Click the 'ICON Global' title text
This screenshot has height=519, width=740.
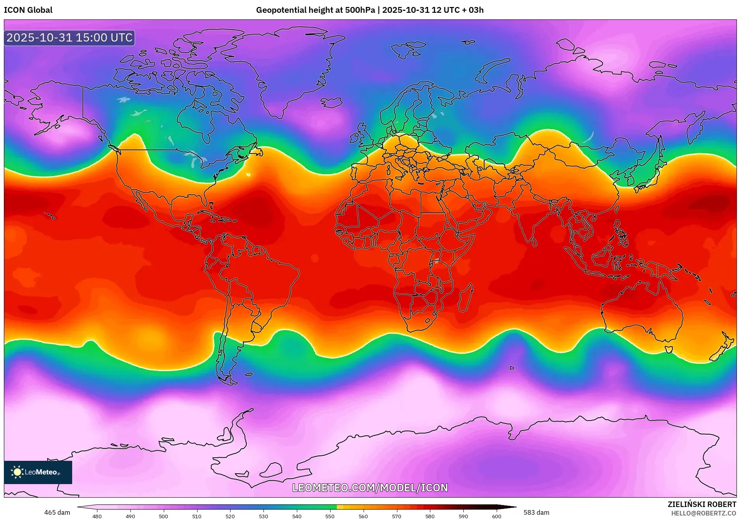click(x=28, y=10)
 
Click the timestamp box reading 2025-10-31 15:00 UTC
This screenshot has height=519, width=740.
click(x=69, y=38)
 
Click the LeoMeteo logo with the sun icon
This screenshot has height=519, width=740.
click(x=38, y=472)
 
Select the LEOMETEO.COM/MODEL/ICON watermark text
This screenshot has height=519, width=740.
click(x=370, y=488)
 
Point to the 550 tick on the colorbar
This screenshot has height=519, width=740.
click(x=330, y=516)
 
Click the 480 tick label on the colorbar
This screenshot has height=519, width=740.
click(x=97, y=516)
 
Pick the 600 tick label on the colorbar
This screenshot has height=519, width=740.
click(x=496, y=516)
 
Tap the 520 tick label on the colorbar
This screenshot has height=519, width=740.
click(x=230, y=516)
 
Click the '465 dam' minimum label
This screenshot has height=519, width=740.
click(x=57, y=512)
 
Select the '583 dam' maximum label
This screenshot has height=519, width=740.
click(x=536, y=512)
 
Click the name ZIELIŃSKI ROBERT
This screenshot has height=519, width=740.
click(x=702, y=504)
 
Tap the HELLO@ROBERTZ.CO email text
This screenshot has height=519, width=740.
click(x=704, y=513)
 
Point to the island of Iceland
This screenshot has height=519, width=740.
click(x=332, y=102)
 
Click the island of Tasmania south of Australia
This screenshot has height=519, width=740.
click(x=668, y=349)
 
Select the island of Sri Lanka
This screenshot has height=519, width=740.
click(x=534, y=242)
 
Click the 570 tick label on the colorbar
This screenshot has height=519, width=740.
click(x=397, y=516)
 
